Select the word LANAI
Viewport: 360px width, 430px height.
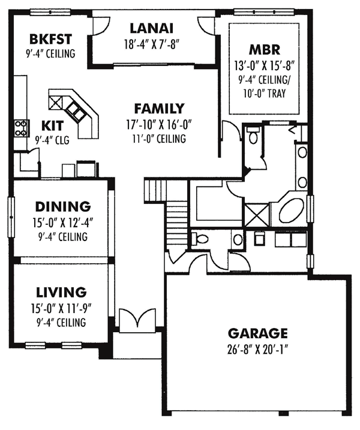coord(151,28)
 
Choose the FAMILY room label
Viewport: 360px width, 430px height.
coord(159,109)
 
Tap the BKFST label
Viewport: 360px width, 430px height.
coord(50,40)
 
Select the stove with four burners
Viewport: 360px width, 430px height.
coord(21,127)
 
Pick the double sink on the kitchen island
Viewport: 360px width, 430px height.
coord(67,105)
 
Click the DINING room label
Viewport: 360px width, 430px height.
coord(62,207)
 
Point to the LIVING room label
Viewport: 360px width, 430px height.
coord(61,293)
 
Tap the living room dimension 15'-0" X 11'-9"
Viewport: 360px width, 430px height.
coord(61,308)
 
